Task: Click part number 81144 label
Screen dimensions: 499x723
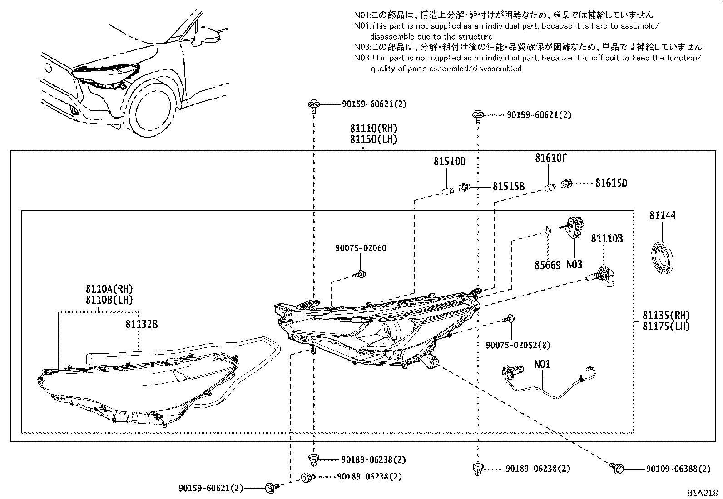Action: pos(662,216)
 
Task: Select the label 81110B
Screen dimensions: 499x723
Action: pos(606,238)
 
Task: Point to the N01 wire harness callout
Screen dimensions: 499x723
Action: pos(542,364)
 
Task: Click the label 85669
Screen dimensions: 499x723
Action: pos(547,265)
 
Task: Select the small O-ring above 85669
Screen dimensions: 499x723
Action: pos(548,230)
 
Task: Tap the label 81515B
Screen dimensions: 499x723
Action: pos(509,187)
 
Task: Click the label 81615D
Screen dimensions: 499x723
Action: pos(611,183)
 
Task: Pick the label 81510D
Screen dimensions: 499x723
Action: pos(450,161)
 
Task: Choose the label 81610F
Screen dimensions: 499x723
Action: pos(551,158)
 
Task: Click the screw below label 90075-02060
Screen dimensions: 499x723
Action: pos(360,274)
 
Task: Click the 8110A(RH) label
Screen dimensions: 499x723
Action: pos(109,289)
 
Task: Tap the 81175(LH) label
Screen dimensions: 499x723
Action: pos(666,326)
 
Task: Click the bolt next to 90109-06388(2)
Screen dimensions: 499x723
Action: pos(617,468)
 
